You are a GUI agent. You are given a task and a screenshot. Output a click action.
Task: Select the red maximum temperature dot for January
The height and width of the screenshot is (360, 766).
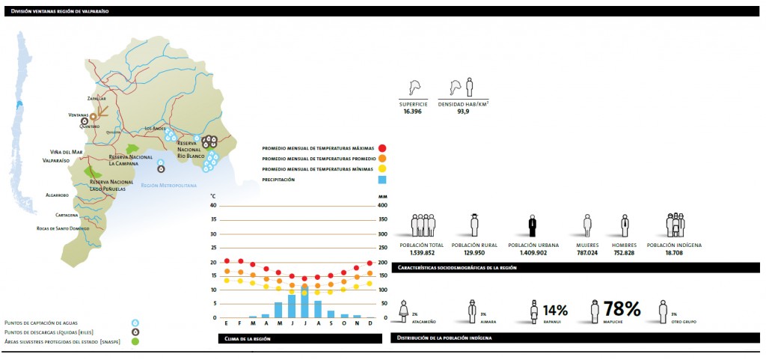(227, 261)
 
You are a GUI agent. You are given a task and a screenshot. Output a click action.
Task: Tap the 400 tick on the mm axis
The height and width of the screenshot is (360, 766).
(382, 206)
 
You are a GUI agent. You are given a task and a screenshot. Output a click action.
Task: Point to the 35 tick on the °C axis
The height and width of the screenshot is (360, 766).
(213, 220)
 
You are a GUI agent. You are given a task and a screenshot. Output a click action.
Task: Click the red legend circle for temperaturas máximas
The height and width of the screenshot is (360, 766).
(382, 148)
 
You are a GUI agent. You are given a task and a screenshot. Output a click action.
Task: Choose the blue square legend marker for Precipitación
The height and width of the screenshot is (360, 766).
(382, 180)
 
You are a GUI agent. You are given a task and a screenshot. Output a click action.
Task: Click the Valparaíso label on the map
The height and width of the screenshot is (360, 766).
(55, 160)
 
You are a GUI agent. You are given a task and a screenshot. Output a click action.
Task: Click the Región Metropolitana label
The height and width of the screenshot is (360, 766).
(169, 184)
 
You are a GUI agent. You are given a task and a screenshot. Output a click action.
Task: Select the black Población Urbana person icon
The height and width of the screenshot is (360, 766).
(532, 226)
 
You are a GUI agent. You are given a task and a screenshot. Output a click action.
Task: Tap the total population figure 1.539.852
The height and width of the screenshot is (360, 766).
(422, 252)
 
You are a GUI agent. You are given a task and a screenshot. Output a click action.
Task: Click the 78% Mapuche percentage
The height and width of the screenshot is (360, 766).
(622, 309)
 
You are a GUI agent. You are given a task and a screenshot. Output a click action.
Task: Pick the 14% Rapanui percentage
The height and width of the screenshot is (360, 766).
(554, 310)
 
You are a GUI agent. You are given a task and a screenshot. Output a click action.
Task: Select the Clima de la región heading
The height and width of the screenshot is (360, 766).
(247, 339)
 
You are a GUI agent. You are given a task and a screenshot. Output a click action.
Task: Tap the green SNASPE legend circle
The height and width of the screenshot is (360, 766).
(135, 341)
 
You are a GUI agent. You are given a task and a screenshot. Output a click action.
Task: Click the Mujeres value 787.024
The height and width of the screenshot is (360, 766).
(587, 252)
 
